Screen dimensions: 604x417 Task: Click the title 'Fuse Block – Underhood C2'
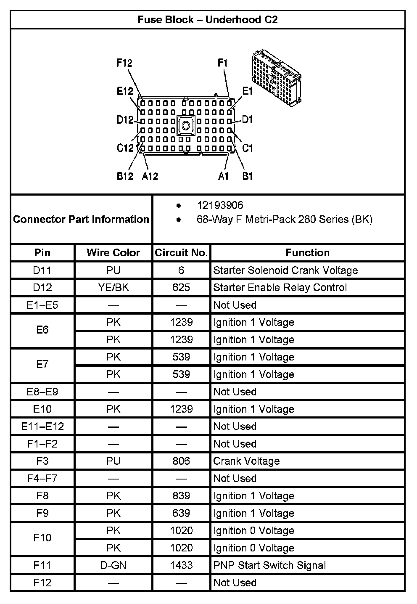coord(208,20)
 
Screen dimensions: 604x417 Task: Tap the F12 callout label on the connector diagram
coord(124,63)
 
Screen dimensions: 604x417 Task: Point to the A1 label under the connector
coord(223,176)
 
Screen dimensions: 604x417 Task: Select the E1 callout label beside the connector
coord(247,91)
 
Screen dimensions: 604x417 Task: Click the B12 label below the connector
coord(125,176)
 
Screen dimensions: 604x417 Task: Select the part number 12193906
coord(220,205)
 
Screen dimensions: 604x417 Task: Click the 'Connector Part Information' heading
coord(81,219)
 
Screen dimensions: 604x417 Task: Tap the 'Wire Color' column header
coord(113,253)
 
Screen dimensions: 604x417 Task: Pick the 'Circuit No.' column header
coord(181,253)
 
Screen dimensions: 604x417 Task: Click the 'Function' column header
coord(307,253)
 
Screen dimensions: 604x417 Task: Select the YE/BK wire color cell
coord(113,288)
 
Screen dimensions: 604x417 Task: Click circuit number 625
coord(181,288)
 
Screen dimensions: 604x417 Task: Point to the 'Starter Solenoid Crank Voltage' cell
coord(285,270)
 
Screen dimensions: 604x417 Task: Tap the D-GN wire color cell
coord(113,565)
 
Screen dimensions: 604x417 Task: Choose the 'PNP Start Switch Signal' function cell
coord(269,565)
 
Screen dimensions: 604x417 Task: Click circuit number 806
coord(181,461)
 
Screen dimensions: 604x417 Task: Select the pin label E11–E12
coord(42,427)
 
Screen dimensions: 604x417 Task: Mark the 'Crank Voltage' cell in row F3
coord(246,461)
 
